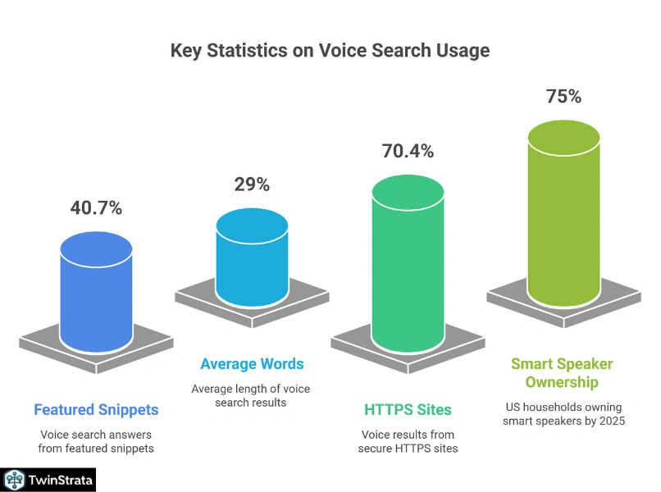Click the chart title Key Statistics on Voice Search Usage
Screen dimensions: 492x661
point(330,51)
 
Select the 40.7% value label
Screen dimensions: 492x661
point(96,208)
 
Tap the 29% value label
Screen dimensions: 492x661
point(252,184)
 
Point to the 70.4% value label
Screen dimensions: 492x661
point(408,151)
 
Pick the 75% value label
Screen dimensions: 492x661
point(563,96)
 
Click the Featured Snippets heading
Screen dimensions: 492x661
point(96,409)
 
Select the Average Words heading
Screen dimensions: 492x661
point(252,363)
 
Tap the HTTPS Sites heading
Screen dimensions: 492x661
point(408,409)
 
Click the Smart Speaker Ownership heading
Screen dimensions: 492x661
point(562,373)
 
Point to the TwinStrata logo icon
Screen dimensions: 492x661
point(14,480)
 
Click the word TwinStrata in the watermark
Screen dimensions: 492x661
point(60,480)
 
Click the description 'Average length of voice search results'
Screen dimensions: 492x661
point(251,395)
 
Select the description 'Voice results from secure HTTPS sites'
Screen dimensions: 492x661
point(408,441)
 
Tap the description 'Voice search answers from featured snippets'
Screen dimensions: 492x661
point(96,441)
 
